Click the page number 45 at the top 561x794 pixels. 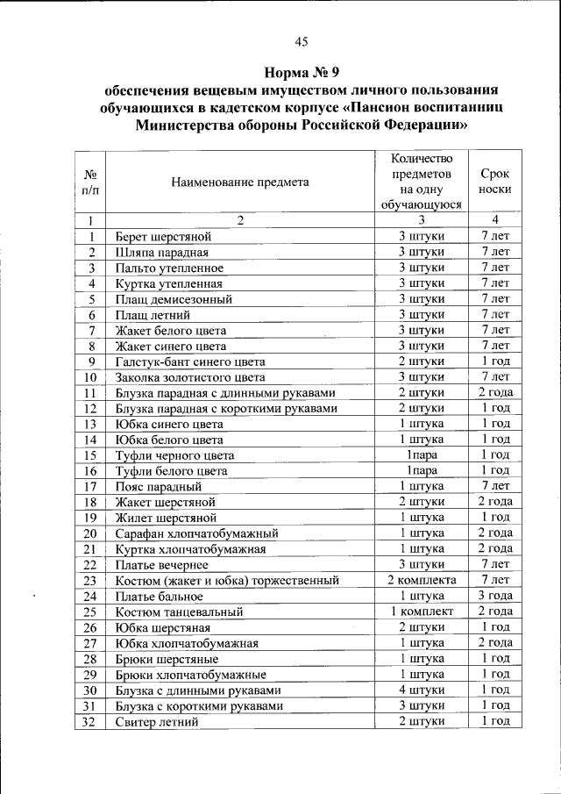coord(302,42)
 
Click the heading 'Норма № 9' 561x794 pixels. coord(302,72)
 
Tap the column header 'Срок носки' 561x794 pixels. coord(495,182)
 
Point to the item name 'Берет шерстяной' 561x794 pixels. coord(164,237)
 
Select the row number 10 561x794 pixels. coord(90,377)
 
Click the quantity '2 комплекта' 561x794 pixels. coord(422,580)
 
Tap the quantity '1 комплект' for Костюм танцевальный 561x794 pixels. coord(422,612)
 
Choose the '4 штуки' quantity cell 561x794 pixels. coord(422,690)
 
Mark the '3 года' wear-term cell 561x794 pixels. coord(495,596)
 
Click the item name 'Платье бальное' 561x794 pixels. coord(161,596)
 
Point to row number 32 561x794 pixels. coord(90,721)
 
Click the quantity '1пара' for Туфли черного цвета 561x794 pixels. coord(422,455)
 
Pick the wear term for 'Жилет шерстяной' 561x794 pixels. coord(495,518)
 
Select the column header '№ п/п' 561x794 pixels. coord(90,182)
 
